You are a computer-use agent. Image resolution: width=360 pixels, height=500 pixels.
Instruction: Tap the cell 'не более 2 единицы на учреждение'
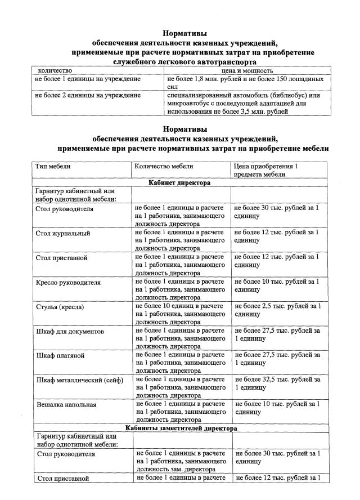[x=88, y=96]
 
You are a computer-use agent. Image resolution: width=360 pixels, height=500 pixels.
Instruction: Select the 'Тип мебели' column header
[x=53, y=167]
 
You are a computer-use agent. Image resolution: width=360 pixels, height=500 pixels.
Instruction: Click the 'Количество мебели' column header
[x=164, y=167]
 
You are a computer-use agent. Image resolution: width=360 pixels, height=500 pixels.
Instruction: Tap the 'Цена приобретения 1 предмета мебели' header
[x=264, y=170]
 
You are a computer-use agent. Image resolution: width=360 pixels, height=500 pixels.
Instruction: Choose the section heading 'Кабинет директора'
[x=179, y=183]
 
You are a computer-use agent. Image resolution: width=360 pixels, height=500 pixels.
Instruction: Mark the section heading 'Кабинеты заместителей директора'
[x=179, y=428]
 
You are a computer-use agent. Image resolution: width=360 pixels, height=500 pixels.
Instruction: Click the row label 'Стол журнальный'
[x=63, y=233]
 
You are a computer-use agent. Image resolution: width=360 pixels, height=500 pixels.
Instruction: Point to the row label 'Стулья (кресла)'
[x=60, y=307]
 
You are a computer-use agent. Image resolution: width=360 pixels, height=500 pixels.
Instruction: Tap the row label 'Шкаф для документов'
[x=70, y=332]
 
